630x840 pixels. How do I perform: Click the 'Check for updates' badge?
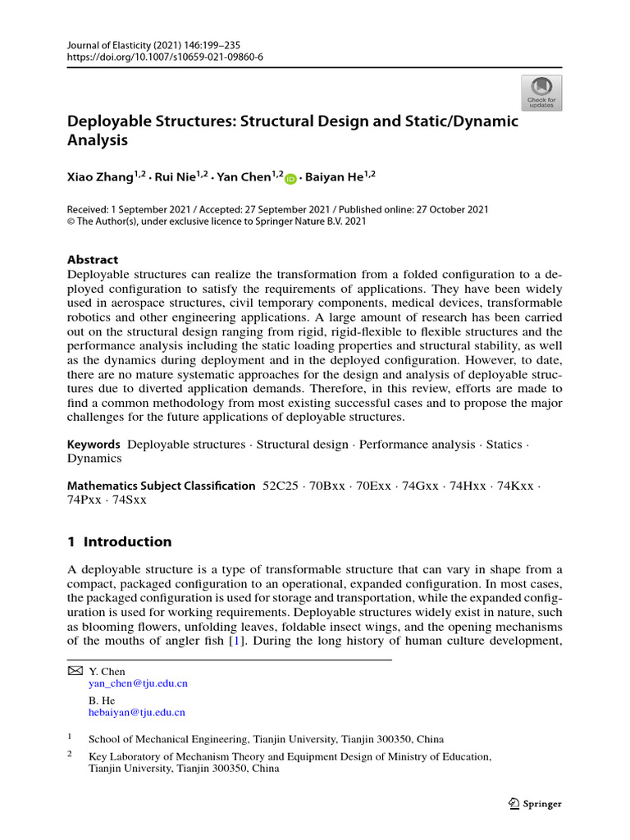click(541, 93)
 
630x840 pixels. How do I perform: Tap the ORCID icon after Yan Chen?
click(291, 178)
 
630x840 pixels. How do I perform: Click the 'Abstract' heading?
click(92, 259)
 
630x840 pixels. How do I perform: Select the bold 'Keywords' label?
click(94, 445)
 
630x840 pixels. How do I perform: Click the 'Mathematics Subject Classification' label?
click(161, 486)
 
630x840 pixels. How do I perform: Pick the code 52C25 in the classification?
click(281, 486)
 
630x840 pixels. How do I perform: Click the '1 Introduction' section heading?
click(119, 541)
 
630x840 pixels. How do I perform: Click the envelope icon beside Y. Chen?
click(74, 671)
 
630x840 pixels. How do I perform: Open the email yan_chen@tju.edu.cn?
click(138, 683)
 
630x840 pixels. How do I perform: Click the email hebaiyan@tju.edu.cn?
click(136, 713)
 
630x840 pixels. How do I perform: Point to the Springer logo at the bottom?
click(535, 804)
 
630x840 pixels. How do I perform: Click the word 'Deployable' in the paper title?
click(108, 121)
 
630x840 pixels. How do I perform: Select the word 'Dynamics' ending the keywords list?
click(94, 459)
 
